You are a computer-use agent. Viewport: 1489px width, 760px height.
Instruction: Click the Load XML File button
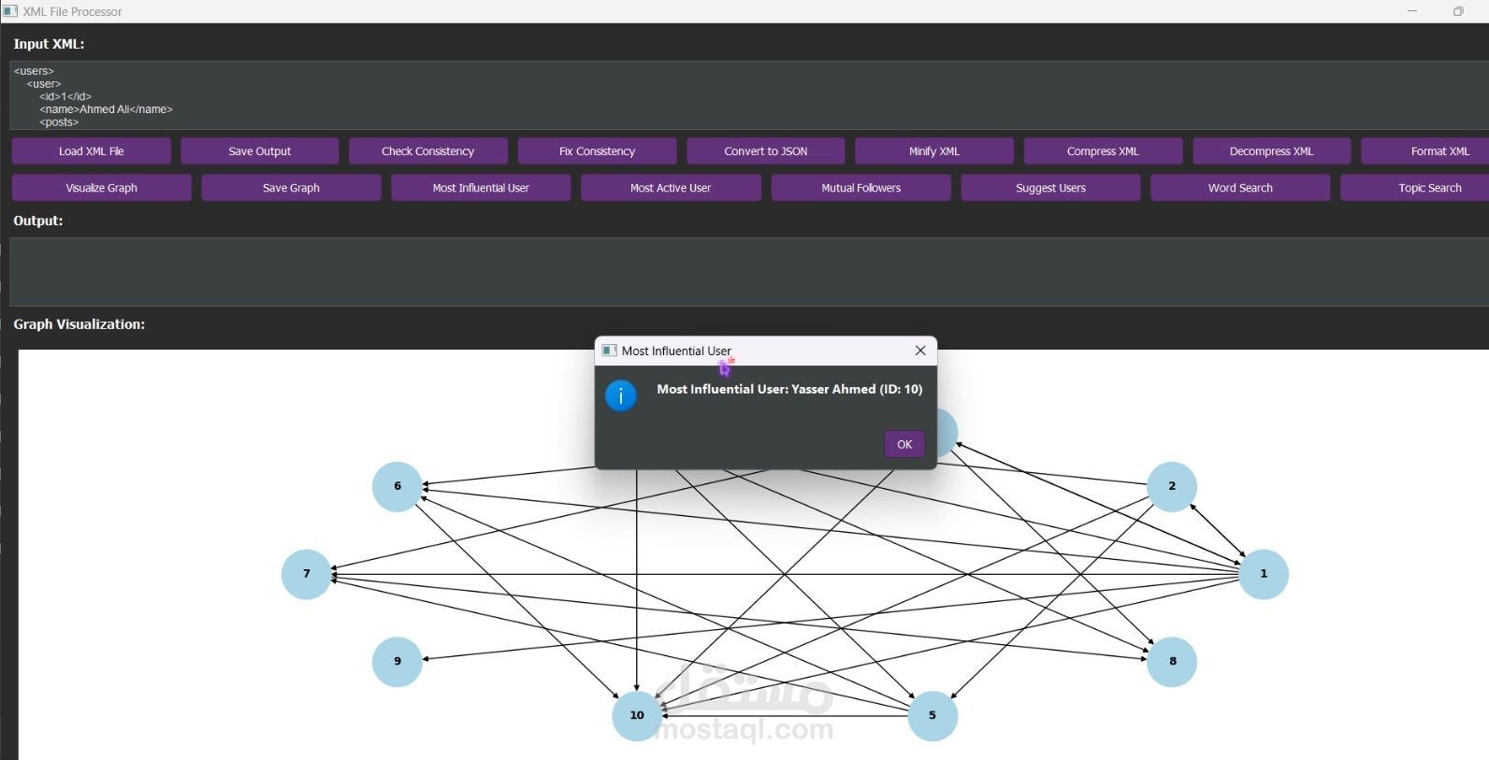coord(91,151)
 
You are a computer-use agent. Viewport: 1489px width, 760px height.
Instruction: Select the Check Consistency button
coord(427,151)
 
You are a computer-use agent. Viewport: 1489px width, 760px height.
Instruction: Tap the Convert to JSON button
coord(765,151)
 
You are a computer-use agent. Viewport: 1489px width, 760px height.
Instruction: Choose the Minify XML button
coord(933,151)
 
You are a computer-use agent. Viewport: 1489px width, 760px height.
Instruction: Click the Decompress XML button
coord(1271,151)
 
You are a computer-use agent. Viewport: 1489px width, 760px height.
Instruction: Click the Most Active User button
coord(670,188)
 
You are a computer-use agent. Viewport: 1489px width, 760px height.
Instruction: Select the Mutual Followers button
coord(860,188)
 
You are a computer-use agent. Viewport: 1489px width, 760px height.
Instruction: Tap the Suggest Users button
coord(1050,188)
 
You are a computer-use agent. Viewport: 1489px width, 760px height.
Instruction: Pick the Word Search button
coord(1239,188)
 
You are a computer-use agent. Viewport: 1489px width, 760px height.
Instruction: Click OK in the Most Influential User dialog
coord(904,444)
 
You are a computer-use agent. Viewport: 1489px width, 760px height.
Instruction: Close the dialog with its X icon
coord(920,351)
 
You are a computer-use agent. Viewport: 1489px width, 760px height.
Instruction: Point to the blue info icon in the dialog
coord(621,395)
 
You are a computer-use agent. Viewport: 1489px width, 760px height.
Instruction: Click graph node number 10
coord(637,715)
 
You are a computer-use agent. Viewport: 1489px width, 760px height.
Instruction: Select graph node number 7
coord(307,574)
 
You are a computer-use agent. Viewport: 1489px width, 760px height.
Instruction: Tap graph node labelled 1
coord(1264,574)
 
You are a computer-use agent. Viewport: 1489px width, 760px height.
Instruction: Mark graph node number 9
coord(398,662)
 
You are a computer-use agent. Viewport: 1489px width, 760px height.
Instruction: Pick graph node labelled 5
coord(932,716)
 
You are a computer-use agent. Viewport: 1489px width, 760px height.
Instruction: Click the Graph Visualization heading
coord(80,324)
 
